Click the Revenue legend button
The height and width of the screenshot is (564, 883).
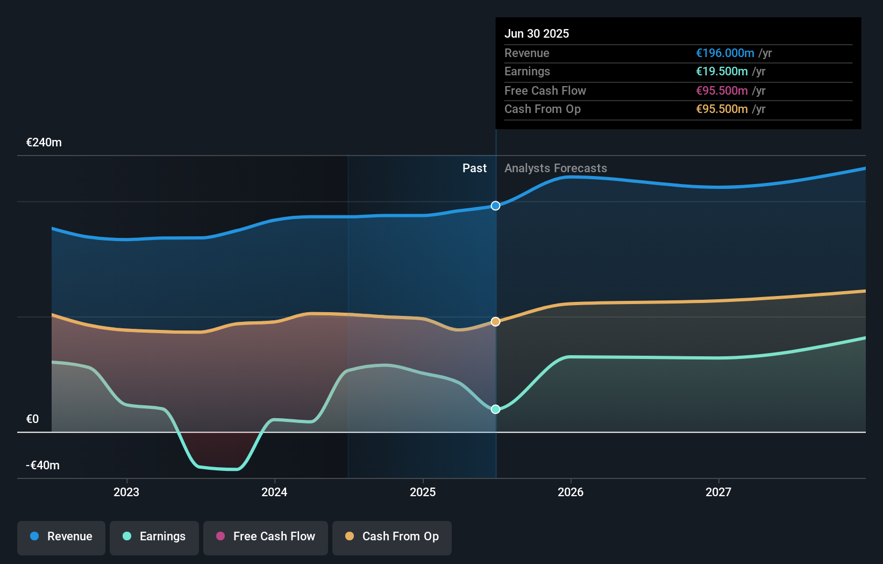61,537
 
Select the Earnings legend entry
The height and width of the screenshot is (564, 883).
154,537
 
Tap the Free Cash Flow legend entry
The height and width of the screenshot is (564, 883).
266,537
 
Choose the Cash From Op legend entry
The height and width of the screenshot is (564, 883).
392,537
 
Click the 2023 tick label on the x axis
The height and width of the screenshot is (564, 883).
126,492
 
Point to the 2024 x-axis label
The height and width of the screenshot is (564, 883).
274,492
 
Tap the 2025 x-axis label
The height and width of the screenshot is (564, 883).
423,492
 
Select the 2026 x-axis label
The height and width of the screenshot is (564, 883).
571,492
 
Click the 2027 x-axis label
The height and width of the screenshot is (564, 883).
718,492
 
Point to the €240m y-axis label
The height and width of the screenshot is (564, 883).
44,143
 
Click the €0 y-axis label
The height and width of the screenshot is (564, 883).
33,419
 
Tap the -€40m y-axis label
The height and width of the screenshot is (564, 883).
43,466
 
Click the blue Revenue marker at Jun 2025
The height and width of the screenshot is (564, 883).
495,206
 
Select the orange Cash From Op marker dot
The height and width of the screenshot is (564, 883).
495,321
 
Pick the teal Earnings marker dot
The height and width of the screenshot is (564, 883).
495,409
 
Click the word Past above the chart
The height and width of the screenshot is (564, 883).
474,168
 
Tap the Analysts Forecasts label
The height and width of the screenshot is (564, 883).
556,168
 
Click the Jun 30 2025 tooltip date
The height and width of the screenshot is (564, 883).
536,33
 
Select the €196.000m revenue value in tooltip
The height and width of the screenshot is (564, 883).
725,53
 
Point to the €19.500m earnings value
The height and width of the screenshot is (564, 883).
722,72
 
